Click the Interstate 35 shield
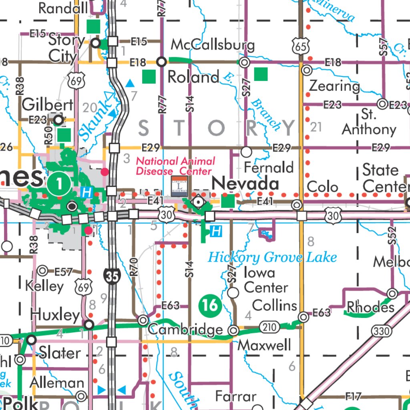tap(113, 276)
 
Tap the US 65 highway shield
tap(301, 46)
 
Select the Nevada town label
tap(245, 184)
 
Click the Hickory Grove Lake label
tap(272, 257)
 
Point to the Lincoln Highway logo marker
tap(179, 185)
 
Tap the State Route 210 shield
tap(269, 328)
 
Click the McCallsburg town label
tap(213, 44)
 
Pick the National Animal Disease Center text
tap(175, 166)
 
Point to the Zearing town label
tap(335, 86)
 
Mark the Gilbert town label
tap(48, 105)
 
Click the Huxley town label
tap(55, 315)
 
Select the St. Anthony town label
tap(369, 122)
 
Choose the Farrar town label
tap(235, 396)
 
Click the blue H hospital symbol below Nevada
tap(216, 231)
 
